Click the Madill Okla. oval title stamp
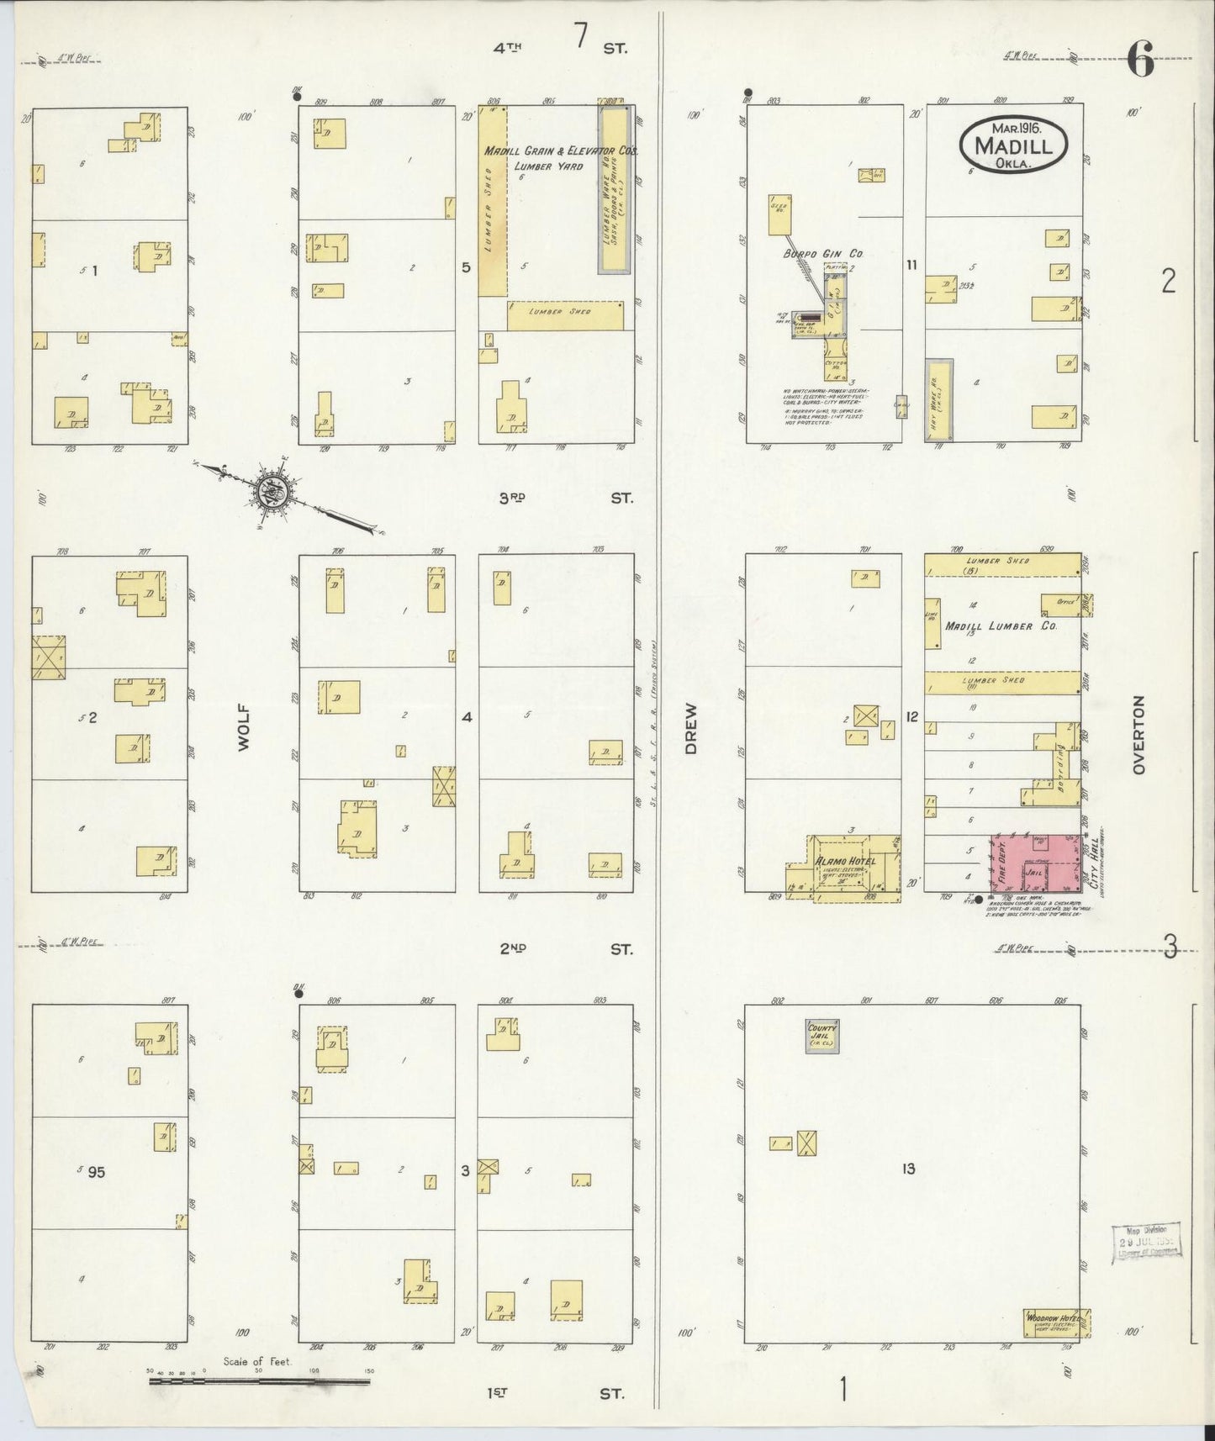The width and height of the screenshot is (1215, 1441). [1013, 144]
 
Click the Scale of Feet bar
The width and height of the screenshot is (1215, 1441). [261, 1380]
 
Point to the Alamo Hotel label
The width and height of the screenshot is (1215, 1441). [845, 861]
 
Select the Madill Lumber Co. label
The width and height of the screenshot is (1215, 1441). [1001, 626]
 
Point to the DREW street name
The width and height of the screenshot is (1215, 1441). [691, 735]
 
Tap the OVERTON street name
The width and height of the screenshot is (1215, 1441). [1138, 734]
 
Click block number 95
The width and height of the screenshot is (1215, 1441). [96, 1172]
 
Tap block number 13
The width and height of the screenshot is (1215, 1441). [908, 1169]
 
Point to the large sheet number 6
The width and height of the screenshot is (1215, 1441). [1139, 61]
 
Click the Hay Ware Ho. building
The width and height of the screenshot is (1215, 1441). [938, 400]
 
